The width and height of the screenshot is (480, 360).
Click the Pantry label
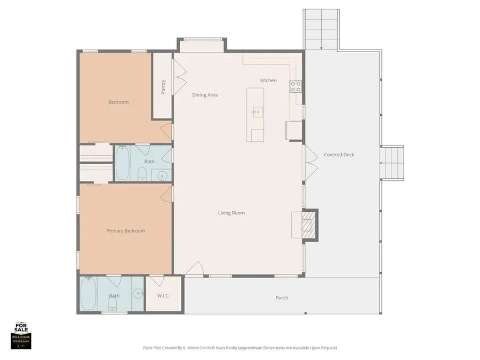pos(163,86)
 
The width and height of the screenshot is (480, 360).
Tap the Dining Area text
pos(205,95)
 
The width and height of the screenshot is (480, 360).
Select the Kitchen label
pos(268,81)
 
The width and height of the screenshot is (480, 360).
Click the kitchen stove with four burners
pos(295,86)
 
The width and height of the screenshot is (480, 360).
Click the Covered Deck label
pos(339,155)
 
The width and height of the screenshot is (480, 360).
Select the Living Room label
pos(231,213)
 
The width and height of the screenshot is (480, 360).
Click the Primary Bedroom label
pos(125,231)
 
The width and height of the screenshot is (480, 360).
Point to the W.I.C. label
pos(163,296)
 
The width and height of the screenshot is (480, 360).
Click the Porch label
pos(282,298)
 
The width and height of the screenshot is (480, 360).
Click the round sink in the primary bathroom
pos(139,293)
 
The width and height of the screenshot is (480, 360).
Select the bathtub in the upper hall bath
pos(122,163)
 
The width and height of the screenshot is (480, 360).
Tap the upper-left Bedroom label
pos(118,102)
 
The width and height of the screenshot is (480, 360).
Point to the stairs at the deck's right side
pos(392,163)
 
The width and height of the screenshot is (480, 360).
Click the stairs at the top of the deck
pos(321,29)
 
